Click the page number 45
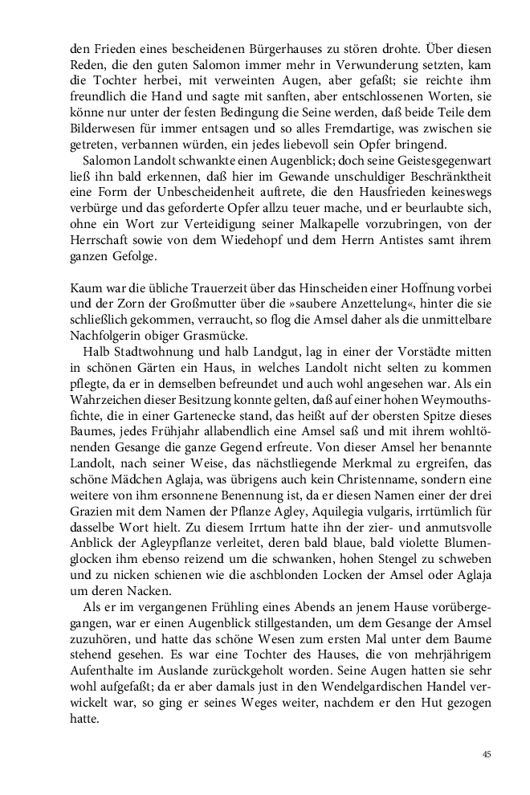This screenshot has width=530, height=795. (487, 754)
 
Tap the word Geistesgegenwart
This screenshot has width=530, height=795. (440, 161)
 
